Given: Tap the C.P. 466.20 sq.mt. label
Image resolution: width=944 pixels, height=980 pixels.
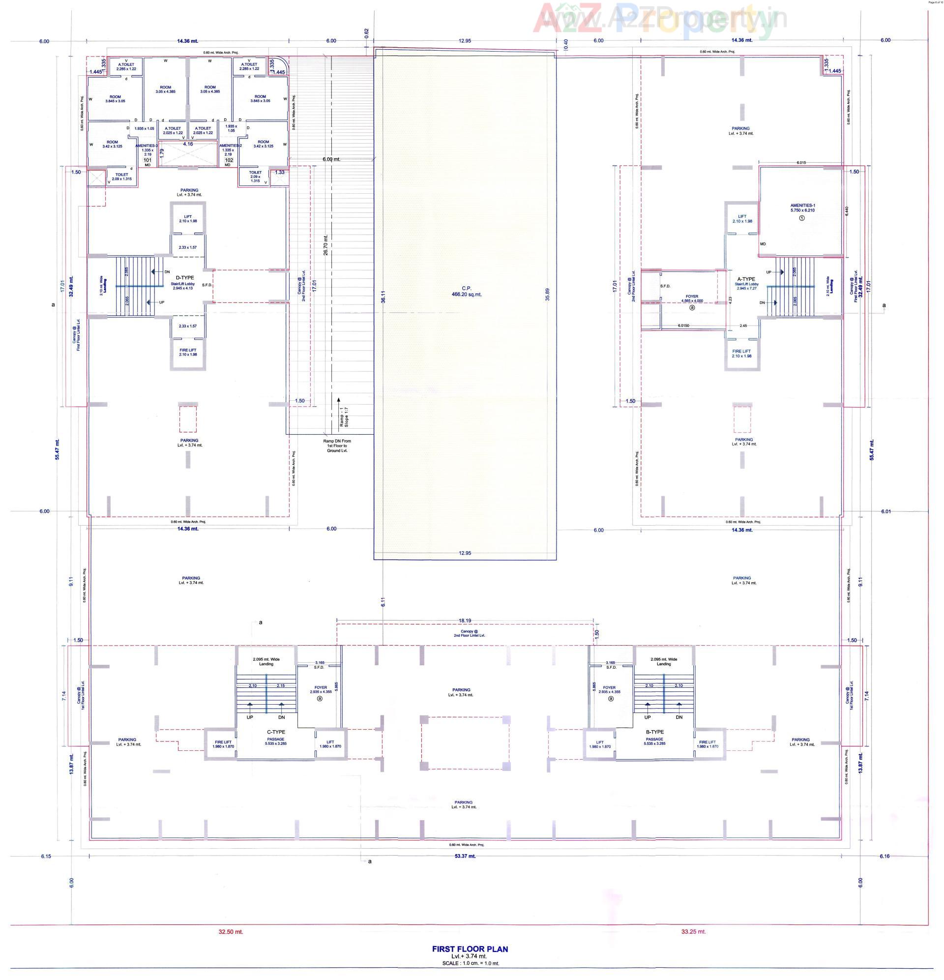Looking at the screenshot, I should coord(466,292).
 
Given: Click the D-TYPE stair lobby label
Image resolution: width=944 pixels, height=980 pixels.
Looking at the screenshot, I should coord(185,277).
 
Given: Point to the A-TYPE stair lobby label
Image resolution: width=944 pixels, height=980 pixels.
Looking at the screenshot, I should coord(746,279).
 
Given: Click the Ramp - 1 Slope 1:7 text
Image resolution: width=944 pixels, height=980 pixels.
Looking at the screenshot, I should coord(343,416).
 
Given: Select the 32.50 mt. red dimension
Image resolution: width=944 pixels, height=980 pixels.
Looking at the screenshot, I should coord(231,931).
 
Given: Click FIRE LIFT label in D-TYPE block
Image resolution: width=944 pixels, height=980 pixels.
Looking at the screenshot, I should coord(187,352).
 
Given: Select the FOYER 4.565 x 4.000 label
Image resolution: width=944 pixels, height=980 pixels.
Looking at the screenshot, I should coord(691,298).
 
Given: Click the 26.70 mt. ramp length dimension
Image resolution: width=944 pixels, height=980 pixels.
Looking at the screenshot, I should coord(326,245).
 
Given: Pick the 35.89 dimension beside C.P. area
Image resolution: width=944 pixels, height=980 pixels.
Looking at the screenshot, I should coord(548,295).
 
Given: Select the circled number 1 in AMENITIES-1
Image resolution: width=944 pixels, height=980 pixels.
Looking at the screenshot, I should coord(802,218).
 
